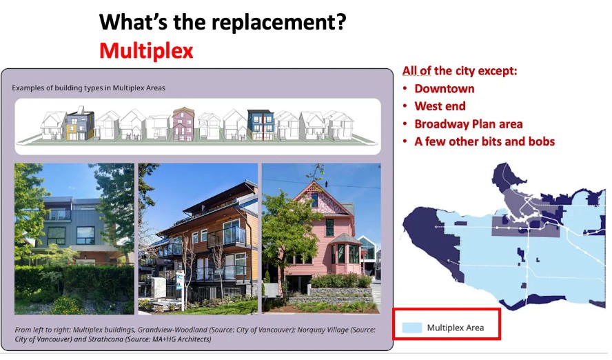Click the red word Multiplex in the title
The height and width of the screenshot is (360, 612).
[x=146, y=51]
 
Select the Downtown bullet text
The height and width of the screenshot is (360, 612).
[x=444, y=89]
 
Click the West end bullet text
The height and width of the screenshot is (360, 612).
[x=440, y=106]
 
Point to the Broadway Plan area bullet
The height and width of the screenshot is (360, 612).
[x=469, y=124]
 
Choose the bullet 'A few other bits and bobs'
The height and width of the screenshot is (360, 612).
[x=484, y=141]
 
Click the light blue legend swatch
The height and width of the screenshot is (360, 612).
[x=411, y=328]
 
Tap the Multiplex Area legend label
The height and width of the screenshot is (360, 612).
[x=455, y=328]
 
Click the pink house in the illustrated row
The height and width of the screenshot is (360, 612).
[x=183, y=123]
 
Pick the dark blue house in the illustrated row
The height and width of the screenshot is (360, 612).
[x=261, y=125]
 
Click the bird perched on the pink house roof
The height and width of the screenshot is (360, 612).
[x=326, y=183]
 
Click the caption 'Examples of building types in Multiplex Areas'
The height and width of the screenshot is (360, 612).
[x=88, y=88]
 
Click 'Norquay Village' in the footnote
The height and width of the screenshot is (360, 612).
[x=323, y=330]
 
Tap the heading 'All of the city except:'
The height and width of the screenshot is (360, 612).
[x=460, y=70]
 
